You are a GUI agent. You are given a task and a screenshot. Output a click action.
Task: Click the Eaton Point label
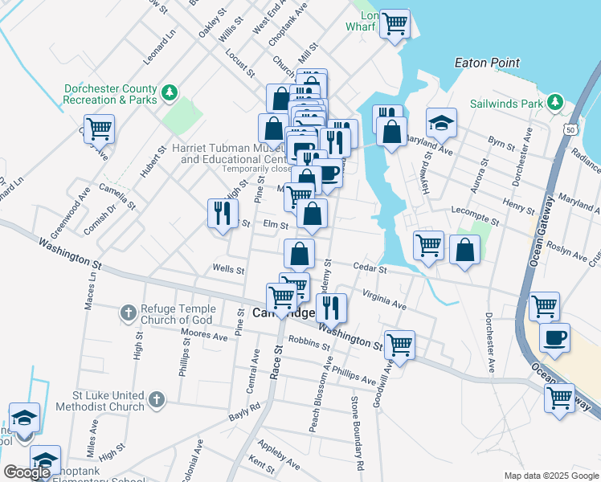coord(487,63)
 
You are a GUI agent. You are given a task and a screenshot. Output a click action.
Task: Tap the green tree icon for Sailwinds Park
coord(554,102)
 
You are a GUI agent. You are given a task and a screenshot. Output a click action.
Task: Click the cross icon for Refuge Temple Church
coord(128,312)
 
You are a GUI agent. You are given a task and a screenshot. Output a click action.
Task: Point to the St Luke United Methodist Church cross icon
coord(157,398)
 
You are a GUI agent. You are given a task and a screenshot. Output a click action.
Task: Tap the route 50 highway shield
coord(570,129)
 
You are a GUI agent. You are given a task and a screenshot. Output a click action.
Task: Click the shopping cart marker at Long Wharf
coord(394,24)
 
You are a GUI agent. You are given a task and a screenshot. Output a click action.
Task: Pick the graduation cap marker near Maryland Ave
coord(440,123)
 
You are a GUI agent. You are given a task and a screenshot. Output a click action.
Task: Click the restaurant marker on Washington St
coord(330,307)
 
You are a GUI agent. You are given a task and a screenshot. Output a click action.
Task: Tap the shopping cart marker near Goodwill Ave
coord(399,345)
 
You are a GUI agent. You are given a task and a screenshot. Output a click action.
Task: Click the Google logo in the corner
coord(27,472)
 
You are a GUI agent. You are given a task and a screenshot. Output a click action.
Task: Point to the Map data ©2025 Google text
coord(550,476)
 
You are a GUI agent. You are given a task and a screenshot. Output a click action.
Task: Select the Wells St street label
coord(228,270)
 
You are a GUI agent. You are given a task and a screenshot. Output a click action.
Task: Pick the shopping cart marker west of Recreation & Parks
coord(99,129)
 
